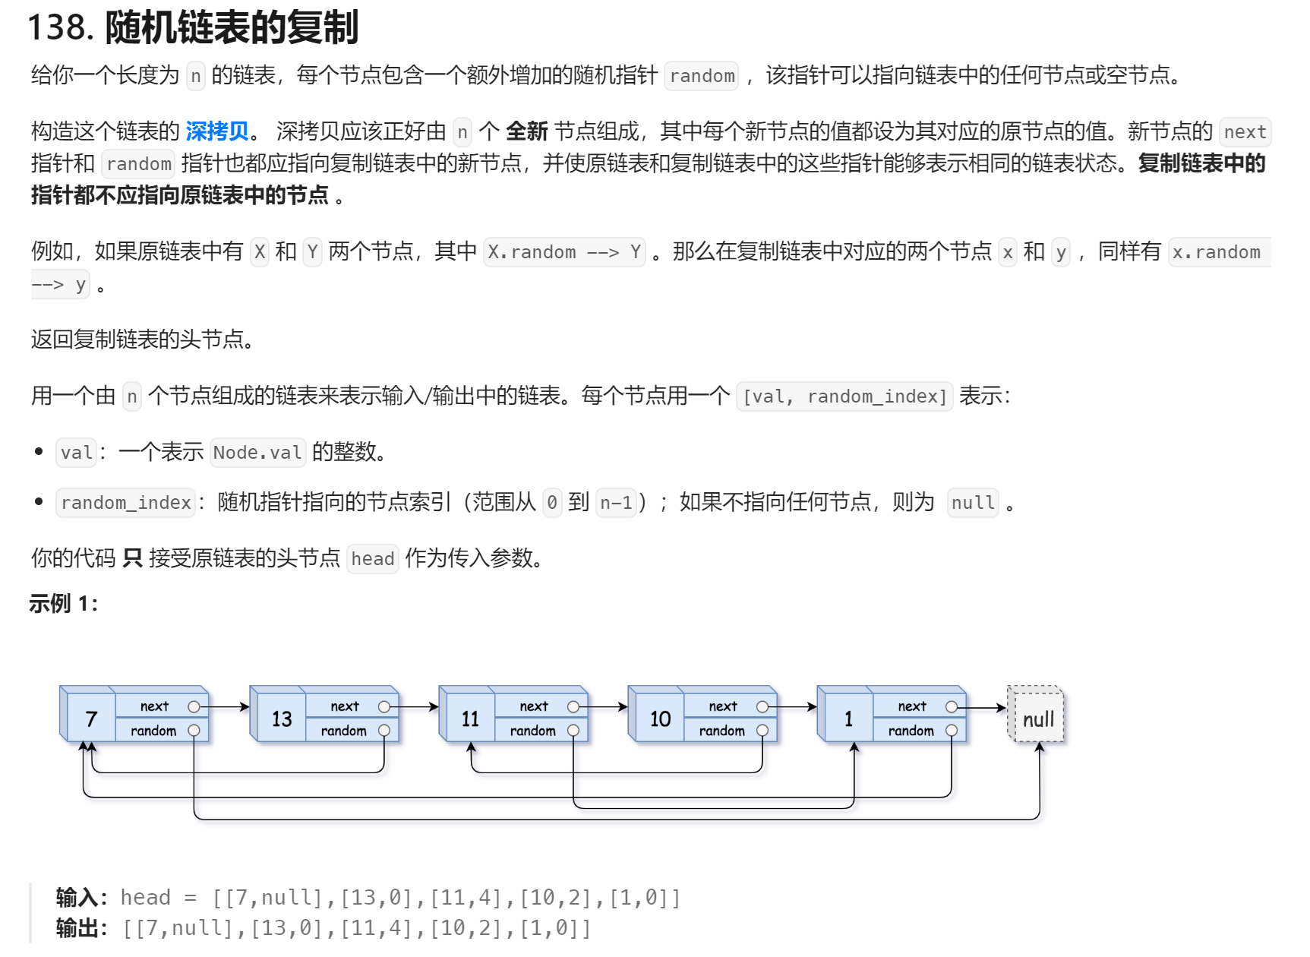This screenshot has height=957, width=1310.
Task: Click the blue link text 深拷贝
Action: pos(217,131)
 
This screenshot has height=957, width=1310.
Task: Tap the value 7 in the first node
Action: pos(91,719)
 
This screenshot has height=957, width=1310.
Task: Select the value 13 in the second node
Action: pos(281,719)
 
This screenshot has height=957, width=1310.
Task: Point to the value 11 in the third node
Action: pos(470,719)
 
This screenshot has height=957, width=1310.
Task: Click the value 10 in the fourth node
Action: pos(660,719)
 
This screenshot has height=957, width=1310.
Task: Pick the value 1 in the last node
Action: pos(848,719)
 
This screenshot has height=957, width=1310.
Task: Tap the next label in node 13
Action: pos(344,706)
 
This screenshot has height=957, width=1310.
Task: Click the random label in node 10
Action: pos(721,731)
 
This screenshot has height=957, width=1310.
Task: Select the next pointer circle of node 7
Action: pos(194,706)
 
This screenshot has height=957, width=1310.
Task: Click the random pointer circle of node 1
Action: pos(951,731)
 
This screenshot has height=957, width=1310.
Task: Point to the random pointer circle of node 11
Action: pos(573,731)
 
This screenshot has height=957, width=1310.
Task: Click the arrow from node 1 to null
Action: pos(984,707)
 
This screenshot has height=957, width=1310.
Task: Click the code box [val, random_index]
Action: pos(844,396)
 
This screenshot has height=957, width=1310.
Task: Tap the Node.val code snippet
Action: pos(257,453)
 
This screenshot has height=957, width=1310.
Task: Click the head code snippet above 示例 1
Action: pos(372,559)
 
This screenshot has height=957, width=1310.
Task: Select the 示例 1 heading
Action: pos(63,604)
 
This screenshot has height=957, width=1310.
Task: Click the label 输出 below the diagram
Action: pos(78,928)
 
